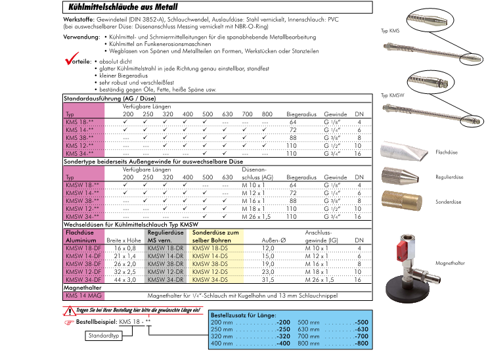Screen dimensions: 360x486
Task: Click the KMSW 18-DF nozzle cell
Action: (83, 248)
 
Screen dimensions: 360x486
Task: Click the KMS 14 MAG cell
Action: (81, 296)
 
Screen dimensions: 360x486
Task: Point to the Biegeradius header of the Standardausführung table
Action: (302, 114)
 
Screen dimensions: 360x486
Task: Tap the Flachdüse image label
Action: (446, 152)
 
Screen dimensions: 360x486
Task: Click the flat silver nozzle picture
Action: (403, 150)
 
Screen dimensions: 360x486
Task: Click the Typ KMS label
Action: (389, 32)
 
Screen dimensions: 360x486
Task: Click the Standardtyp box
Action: (105, 336)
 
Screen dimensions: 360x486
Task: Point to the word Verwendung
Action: (81, 37)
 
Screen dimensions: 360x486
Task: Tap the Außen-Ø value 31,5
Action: (268, 279)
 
